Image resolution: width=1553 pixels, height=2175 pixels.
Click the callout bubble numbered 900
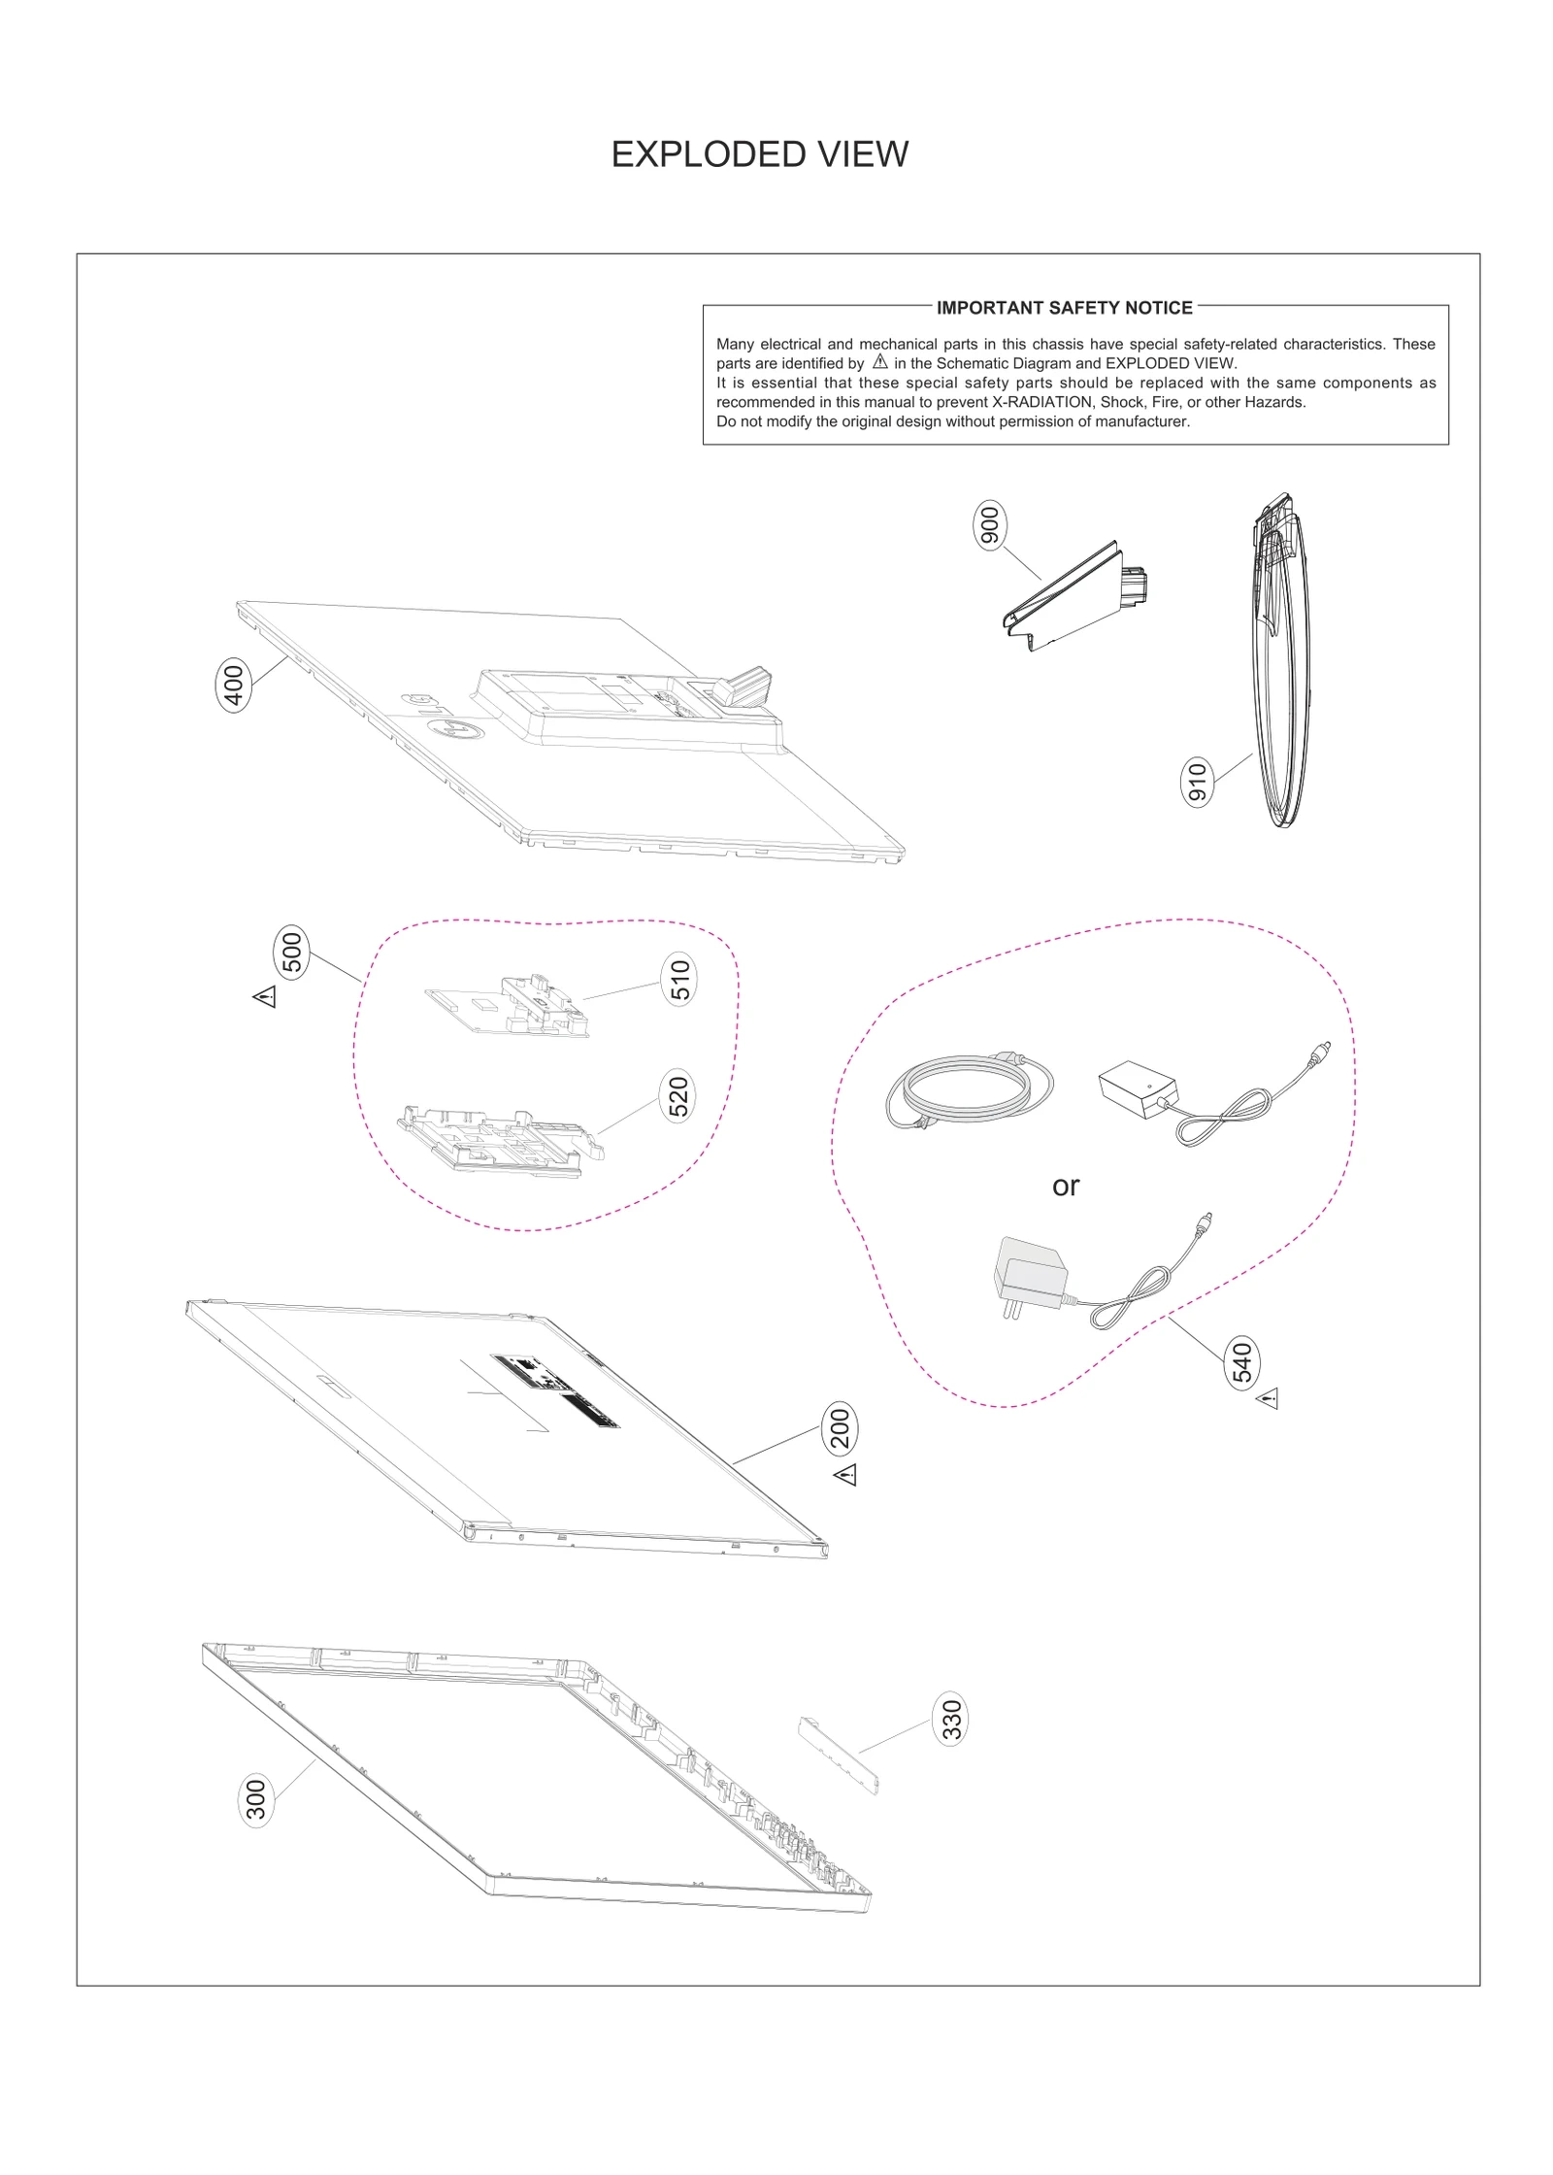(x=990, y=525)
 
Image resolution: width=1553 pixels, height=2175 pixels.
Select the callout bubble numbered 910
(x=1197, y=783)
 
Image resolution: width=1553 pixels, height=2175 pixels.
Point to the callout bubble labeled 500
(x=292, y=952)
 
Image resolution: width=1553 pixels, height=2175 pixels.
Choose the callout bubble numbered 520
(x=678, y=1096)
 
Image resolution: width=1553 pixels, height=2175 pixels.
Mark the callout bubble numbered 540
(x=1242, y=1361)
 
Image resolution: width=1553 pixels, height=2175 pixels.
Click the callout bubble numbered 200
(x=841, y=1427)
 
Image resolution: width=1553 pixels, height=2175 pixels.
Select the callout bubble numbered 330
(x=951, y=1719)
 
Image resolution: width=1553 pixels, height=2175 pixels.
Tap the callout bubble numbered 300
(x=256, y=1799)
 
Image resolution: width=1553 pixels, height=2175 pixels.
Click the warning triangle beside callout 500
(x=265, y=996)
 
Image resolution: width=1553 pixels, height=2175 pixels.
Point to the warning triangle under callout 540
(x=1268, y=1399)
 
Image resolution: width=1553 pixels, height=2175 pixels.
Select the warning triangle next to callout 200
(x=845, y=1475)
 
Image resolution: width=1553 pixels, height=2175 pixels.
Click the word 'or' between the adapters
(x=1066, y=1186)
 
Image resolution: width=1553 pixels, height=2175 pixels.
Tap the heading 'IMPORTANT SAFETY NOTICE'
(x=1064, y=308)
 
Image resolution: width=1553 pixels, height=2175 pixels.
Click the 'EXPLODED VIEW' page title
(x=759, y=154)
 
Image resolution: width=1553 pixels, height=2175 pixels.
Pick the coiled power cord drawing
(x=969, y=1088)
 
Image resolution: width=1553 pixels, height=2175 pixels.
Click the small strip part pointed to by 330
(x=838, y=1754)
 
